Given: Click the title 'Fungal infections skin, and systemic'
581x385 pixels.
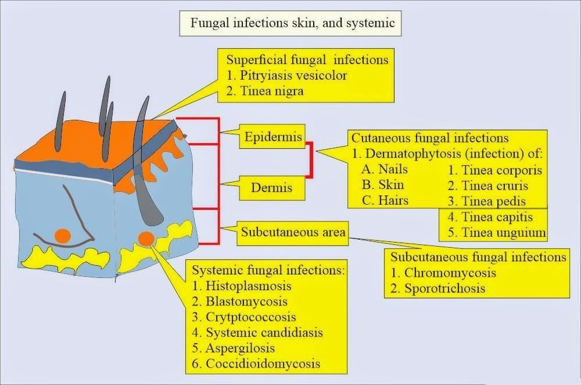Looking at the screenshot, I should point(292,23).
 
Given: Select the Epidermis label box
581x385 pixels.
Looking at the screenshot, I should point(273,138).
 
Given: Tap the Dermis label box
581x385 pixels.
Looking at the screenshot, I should point(271,187).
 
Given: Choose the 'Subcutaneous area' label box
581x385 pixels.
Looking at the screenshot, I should point(293,232).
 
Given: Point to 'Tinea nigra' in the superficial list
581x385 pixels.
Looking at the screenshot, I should point(271,91).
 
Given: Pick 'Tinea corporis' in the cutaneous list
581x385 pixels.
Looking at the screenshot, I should point(494,170).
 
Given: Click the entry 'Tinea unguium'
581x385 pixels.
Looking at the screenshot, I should point(497,233).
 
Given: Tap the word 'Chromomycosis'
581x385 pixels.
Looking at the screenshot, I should point(450,272).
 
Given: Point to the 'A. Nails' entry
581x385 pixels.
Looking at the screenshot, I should point(384,170).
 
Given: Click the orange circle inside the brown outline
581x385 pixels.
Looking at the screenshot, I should point(63,236).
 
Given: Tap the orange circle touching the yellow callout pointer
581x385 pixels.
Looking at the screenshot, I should point(146,238).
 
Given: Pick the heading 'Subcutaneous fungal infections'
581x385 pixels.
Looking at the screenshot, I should point(478,256).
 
